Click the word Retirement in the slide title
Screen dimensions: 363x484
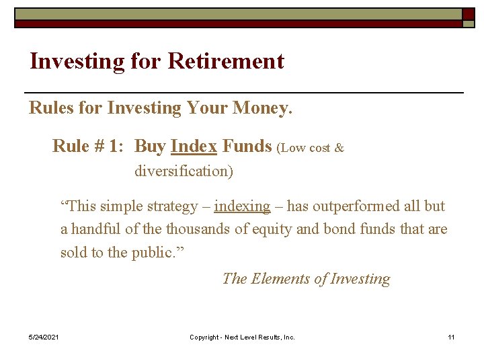pyautogui.click(x=226, y=62)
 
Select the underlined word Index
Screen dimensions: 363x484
pyautogui.click(x=194, y=147)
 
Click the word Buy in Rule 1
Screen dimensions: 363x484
pyautogui.click(x=151, y=147)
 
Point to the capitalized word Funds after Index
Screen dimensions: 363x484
pyautogui.click(x=247, y=147)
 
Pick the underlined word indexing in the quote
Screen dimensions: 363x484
pyautogui.click(x=242, y=206)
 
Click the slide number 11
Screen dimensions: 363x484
pyautogui.click(x=451, y=337)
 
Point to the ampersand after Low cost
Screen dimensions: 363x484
pyautogui.click(x=339, y=149)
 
